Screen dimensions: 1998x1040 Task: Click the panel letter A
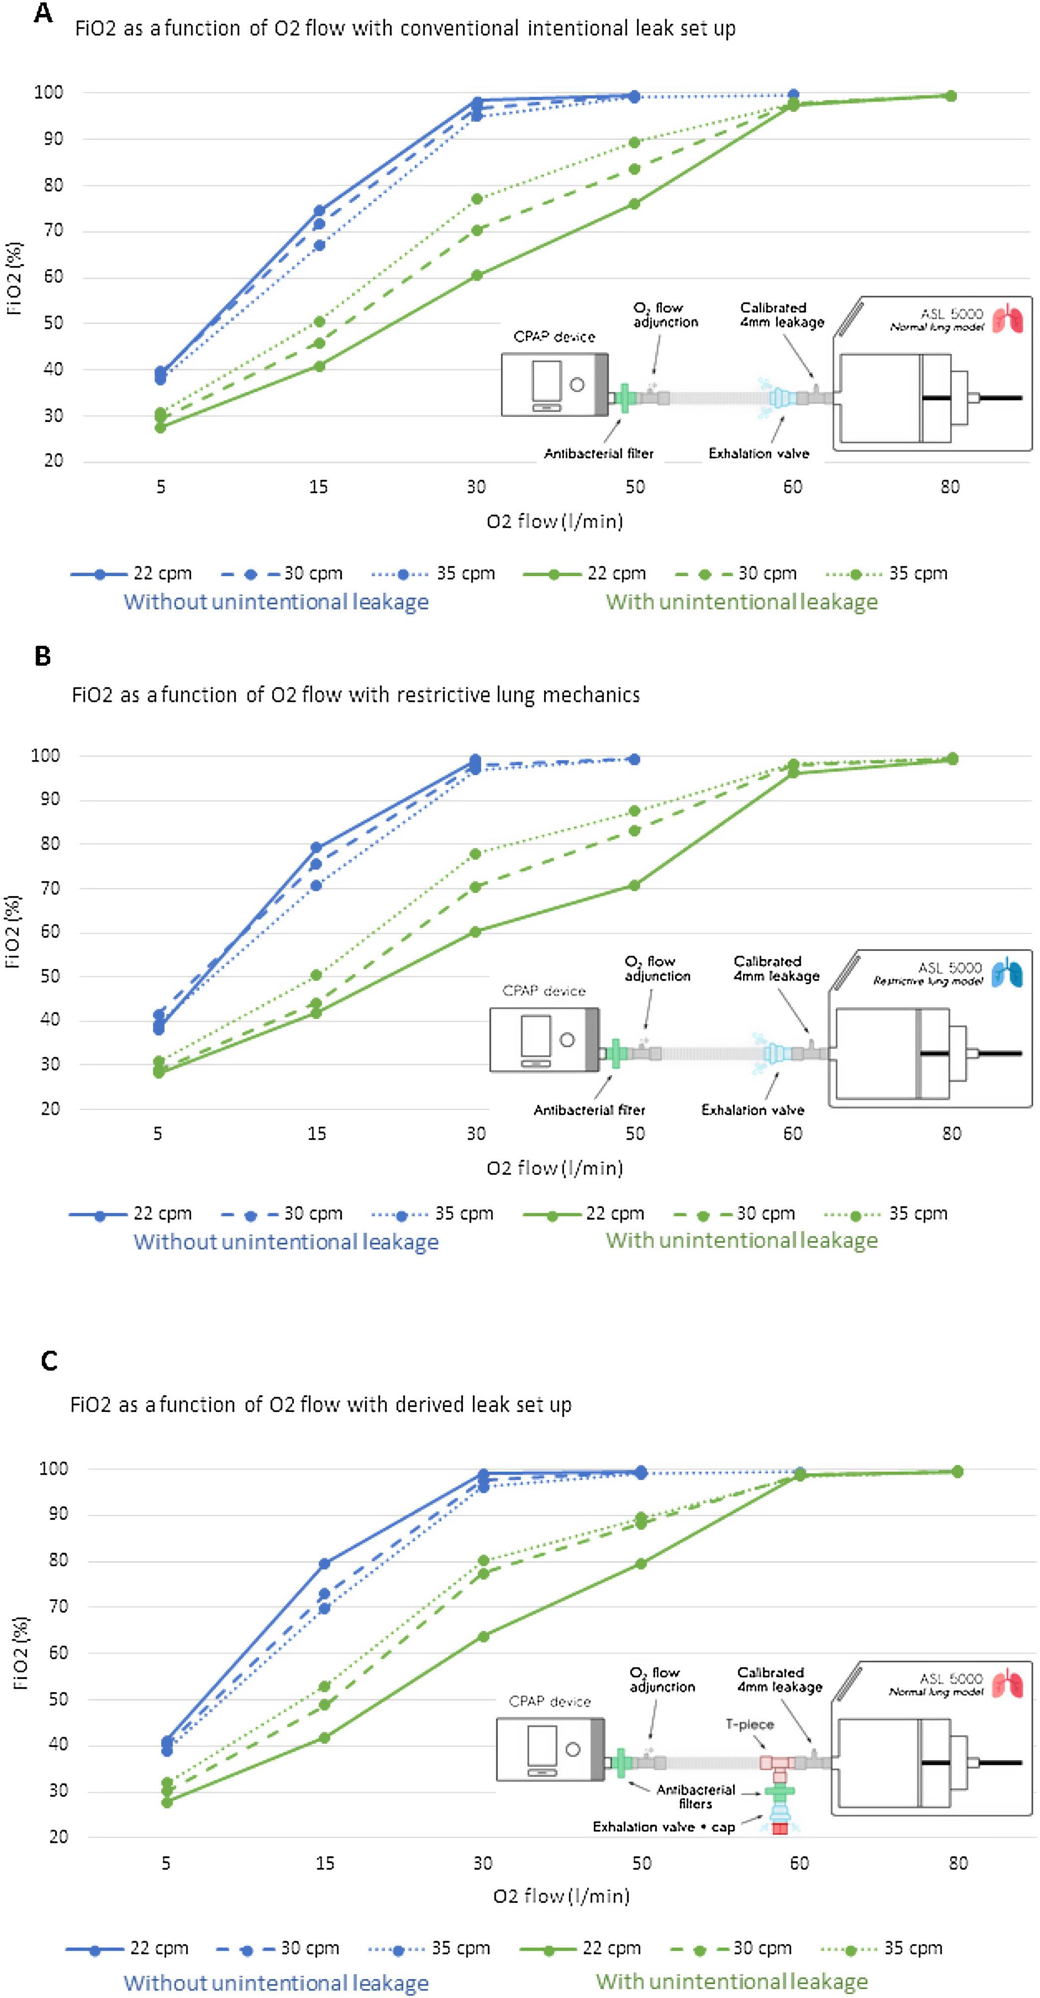(43, 13)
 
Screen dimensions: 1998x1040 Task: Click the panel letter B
(43, 656)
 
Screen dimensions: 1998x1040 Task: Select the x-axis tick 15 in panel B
(316, 1134)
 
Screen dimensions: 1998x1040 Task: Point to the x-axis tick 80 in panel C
(958, 1863)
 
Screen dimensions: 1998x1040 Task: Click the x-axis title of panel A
(555, 521)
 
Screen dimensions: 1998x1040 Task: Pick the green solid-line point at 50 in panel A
(634, 204)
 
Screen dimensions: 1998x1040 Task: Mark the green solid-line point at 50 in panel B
(634, 885)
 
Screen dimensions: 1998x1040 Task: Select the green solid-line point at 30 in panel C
(482, 1637)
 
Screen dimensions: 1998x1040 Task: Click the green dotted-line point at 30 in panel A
(476, 200)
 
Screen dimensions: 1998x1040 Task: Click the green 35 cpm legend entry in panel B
(886, 1213)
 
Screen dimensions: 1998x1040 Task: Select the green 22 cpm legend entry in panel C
(581, 1948)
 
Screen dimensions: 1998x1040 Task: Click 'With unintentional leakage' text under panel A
(742, 602)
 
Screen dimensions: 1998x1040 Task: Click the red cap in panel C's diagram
(779, 1829)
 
